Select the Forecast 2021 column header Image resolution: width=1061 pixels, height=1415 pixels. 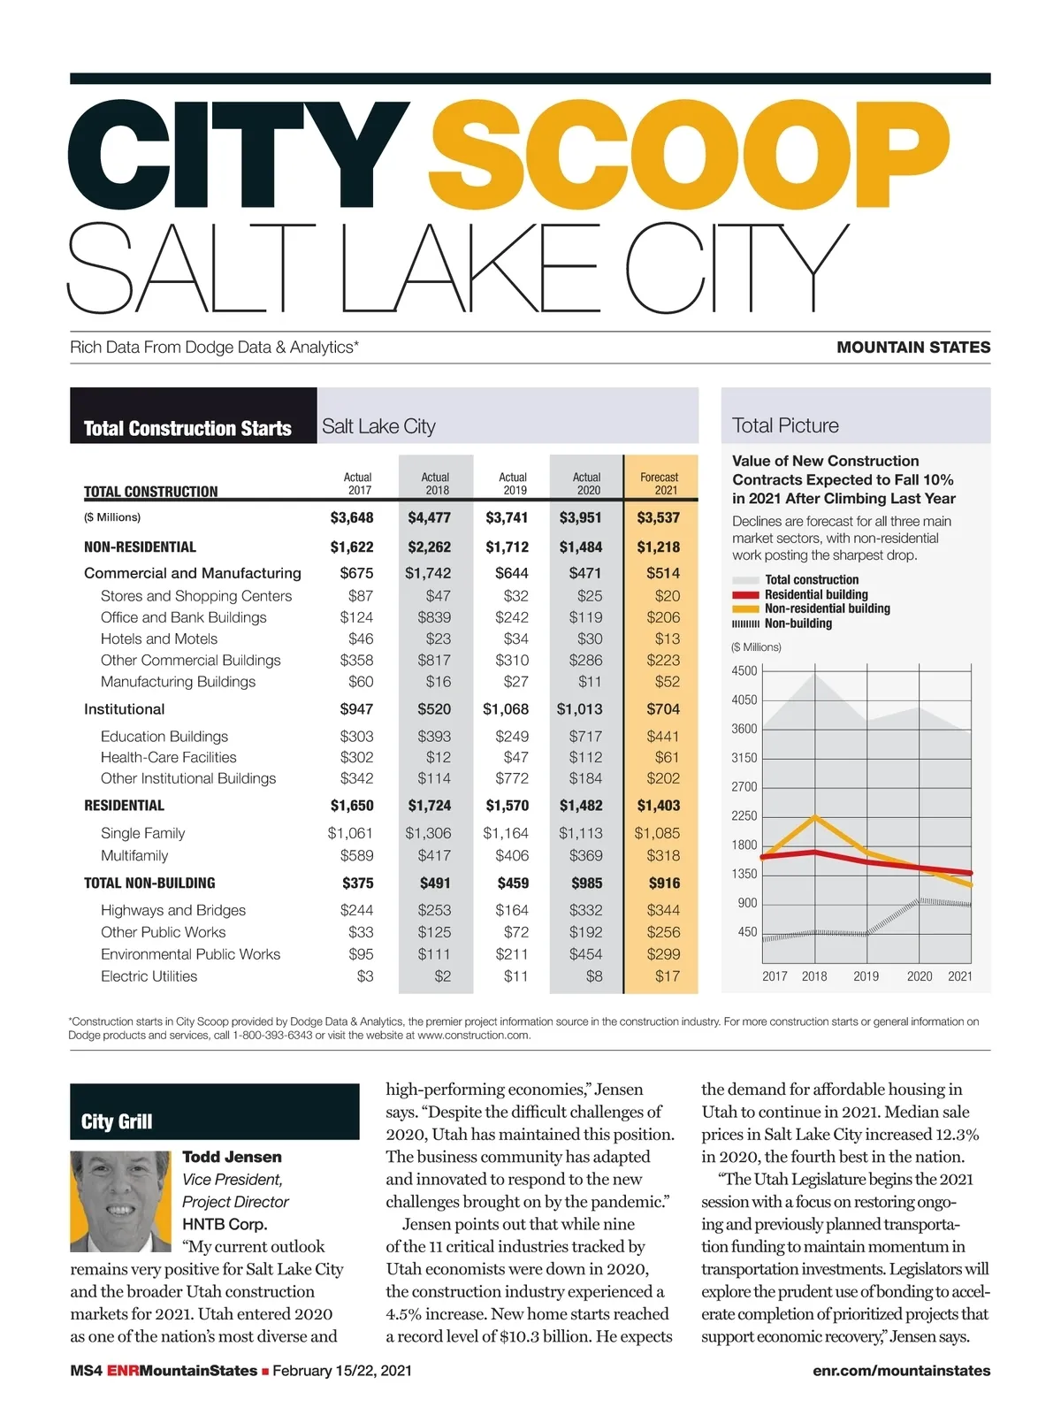pyautogui.click(x=660, y=483)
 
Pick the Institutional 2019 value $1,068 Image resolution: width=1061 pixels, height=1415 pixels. pyautogui.click(x=506, y=708)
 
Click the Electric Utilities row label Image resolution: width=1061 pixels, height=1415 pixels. pyautogui.click(x=149, y=976)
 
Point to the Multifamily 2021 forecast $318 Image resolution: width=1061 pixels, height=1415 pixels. pyautogui.click(x=663, y=855)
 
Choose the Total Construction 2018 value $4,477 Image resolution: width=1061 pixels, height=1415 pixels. pyautogui.click(x=430, y=517)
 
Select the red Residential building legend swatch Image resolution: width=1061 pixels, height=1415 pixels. pyautogui.click(x=745, y=595)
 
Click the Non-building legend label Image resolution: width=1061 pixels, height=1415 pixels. pyautogui.click(x=798, y=623)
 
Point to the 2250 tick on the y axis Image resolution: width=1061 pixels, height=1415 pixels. pyautogui.click(x=744, y=815)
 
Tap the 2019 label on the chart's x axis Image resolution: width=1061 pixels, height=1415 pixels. pyautogui.click(x=866, y=976)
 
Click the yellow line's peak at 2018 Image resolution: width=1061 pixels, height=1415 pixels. pyautogui.click(x=815, y=817)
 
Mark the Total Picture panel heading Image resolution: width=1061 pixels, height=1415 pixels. pyautogui.click(x=785, y=425)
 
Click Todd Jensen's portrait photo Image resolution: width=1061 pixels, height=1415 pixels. pyautogui.click(x=120, y=1201)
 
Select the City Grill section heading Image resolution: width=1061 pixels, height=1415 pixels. pyautogui.click(x=117, y=1121)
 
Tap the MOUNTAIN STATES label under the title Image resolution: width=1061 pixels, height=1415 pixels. pyautogui.click(x=913, y=348)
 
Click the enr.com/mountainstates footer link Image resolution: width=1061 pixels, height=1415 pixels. pyautogui.click(x=901, y=1371)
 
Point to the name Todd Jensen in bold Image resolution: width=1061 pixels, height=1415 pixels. pyautogui.click(x=232, y=1157)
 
